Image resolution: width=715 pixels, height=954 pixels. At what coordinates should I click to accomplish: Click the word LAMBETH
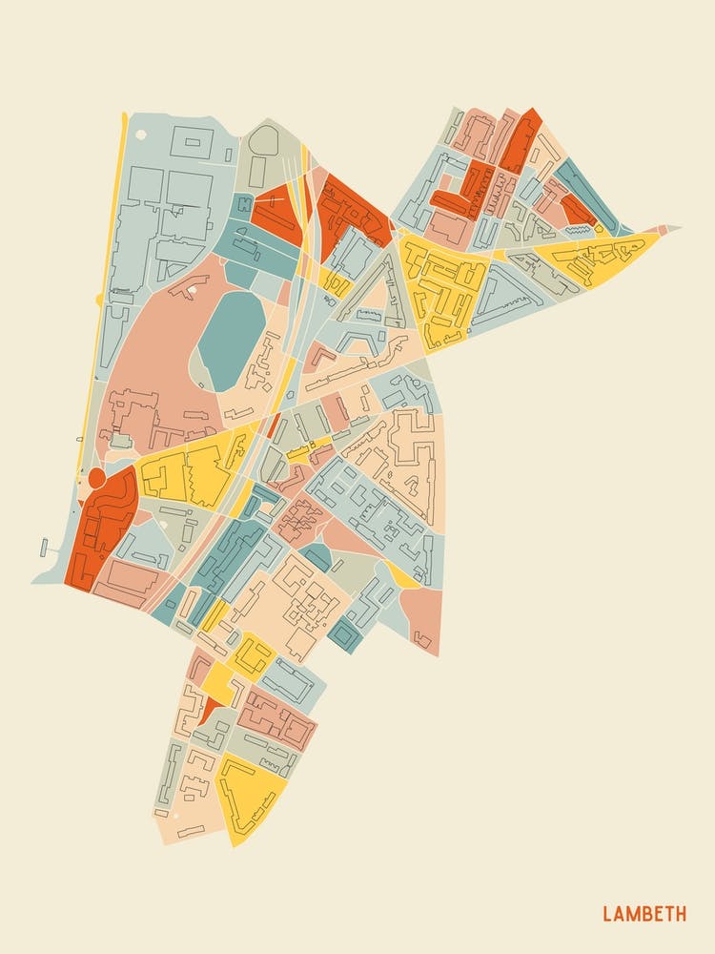pyautogui.click(x=643, y=914)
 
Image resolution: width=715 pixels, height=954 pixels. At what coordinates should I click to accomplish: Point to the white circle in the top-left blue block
pyautogui.click(x=229, y=154)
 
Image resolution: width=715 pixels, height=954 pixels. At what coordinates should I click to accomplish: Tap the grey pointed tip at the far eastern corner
pyautogui.click(x=672, y=228)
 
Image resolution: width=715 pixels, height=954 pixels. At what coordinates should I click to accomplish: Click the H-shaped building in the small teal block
pyautogui.click(x=245, y=203)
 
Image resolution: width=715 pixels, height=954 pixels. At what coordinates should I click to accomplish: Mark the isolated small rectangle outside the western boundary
pyautogui.click(x=44, y=547)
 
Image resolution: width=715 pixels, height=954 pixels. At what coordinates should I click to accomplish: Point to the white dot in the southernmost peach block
pyautogui.click(x=164, y=816)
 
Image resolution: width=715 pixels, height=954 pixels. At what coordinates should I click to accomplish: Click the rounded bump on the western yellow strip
pyautogui.click(x=99, y=300)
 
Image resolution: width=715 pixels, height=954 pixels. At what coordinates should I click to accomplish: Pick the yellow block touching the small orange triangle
pyautogui.click(x=218, y=681)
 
